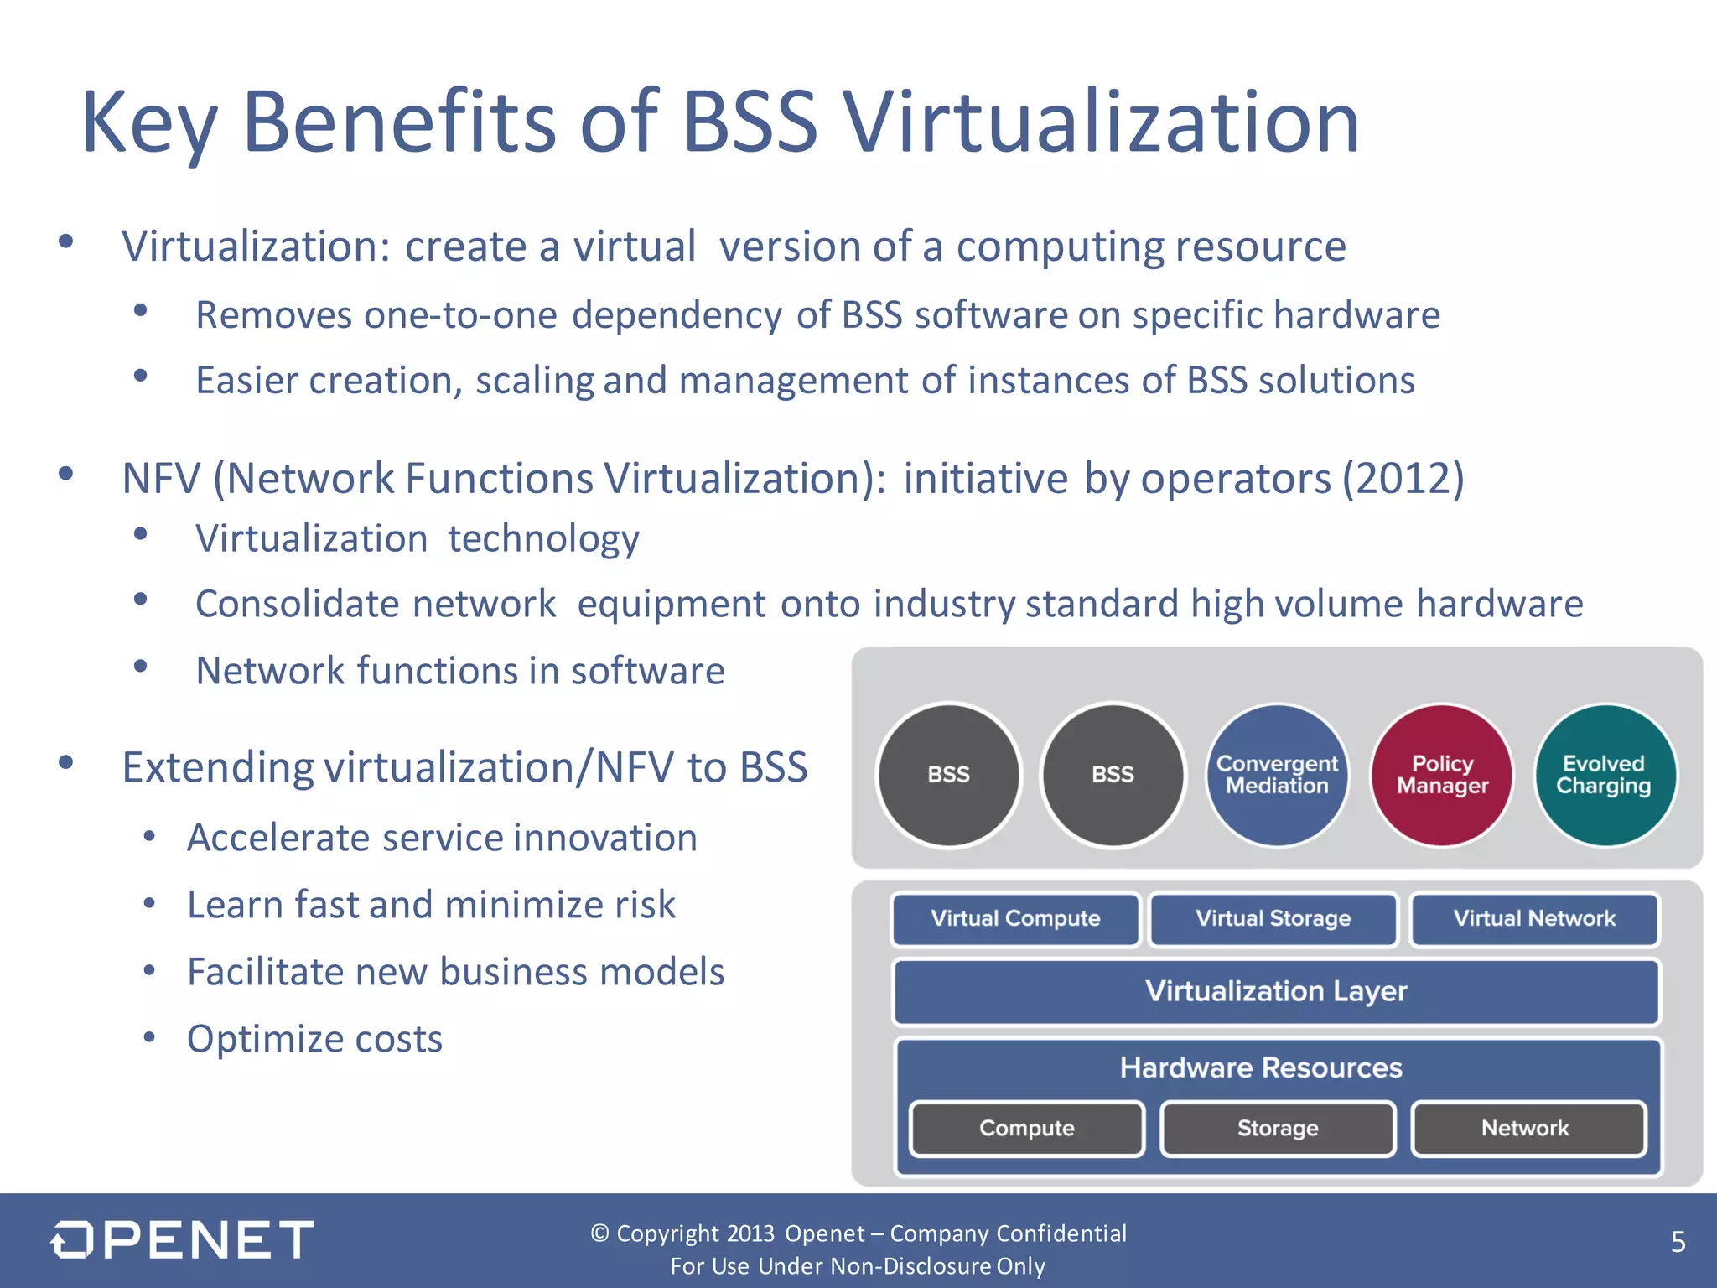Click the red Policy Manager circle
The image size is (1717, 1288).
tap(1442, 775)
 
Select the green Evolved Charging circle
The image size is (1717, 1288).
tap(1605, 775)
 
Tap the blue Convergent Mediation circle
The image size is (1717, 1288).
tap(1277, 775)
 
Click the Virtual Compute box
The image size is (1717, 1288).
tap(1015, 919)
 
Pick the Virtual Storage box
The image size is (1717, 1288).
tap(1273, 919)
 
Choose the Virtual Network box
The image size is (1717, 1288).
tap(1534, 919)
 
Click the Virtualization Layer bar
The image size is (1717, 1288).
tap(1276, 992)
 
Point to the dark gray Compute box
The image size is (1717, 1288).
tap(1027, 1129)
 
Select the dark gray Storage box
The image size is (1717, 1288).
tap(1278, 1129)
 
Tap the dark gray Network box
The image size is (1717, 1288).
tap(1526, 1129)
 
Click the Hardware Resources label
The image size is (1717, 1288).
tap(1261, 1068)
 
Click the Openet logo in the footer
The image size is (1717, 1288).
tap(182, 1240)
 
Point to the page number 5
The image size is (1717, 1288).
tap(1678, 1242)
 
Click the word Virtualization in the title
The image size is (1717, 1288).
tap(1100, 123)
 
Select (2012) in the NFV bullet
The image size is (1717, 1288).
tap(1403, 479)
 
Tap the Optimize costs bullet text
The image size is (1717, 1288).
tap(314, 1039)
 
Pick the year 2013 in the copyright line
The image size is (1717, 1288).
tap(750, 1233)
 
